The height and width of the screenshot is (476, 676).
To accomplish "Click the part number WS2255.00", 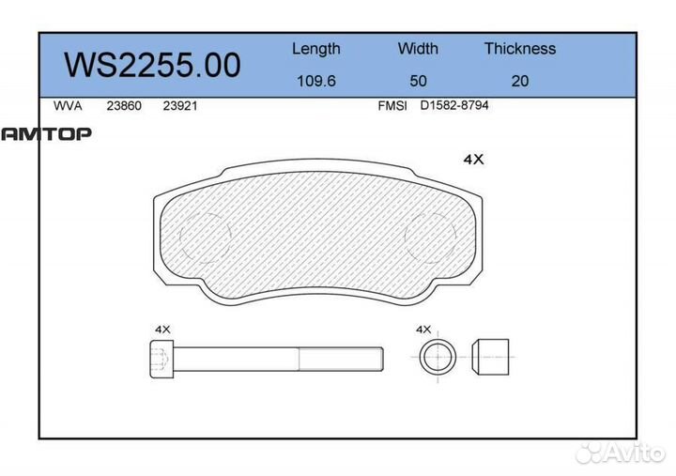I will pyautogui.click(x=152, y=65).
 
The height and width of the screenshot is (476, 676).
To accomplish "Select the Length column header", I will pyautogui.click(x=315, y=49).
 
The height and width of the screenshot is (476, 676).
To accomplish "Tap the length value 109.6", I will pyautogui.click(x=315, y=81).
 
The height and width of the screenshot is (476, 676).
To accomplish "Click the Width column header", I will pyautogui.click(x=418, y=49).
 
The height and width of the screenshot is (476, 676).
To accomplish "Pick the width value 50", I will pyautogui.click(x=417, y=81).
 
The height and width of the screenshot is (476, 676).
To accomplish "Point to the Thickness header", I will pyautogui.click(x=519, y=49).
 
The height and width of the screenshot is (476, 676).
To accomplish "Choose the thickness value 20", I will pyautogui.click(x=519, y=81).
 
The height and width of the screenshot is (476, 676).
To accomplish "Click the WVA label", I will pyautogui.click(x=68, y=106).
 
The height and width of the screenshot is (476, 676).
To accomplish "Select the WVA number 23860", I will pyautogui.click(x=124, y=106).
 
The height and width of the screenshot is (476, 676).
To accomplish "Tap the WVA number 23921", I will pyautogui.click(x=179, y=106).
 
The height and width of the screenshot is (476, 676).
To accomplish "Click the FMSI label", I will pyautogui.click(x=392, y=106).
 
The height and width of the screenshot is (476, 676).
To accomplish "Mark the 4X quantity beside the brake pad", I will pyautogui.click(x=474, y=160).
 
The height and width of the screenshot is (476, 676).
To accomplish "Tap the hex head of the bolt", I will pyautogui.click(x=161, y=358).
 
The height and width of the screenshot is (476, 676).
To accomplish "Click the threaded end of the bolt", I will pyautogui.click(x=341, y=358).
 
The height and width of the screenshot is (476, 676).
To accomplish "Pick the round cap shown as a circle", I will pyautogui.click(x=437, y=358).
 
